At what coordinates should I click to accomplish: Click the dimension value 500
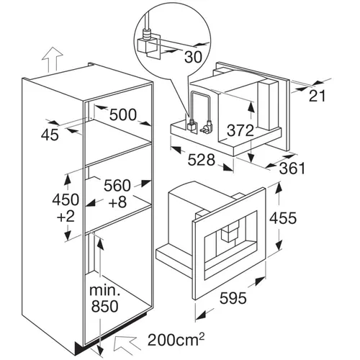(123, 114)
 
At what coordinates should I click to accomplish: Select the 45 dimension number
(50, 135)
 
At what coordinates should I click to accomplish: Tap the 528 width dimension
(201, 160)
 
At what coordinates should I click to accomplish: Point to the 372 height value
(240, 130)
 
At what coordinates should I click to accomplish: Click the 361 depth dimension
(292, 168)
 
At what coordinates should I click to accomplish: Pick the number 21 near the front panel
(317, 96)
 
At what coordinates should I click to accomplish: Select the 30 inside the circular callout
(194, 57)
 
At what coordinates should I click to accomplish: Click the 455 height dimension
(283, 218)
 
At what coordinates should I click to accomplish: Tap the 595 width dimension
(233, 298)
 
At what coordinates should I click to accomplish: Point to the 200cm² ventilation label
(176, 339)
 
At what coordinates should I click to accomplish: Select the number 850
(105, 306)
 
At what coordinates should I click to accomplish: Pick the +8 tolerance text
(117, 202)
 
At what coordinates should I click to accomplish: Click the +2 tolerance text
(66, 216)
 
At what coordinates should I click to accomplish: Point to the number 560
(117, 185)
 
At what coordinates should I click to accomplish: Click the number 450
(66, 199)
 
